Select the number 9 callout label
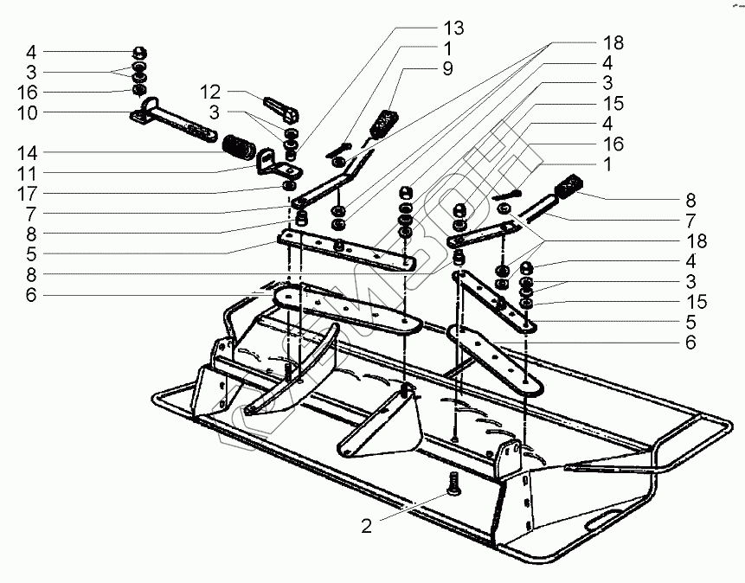448,68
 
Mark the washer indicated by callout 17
288,185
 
